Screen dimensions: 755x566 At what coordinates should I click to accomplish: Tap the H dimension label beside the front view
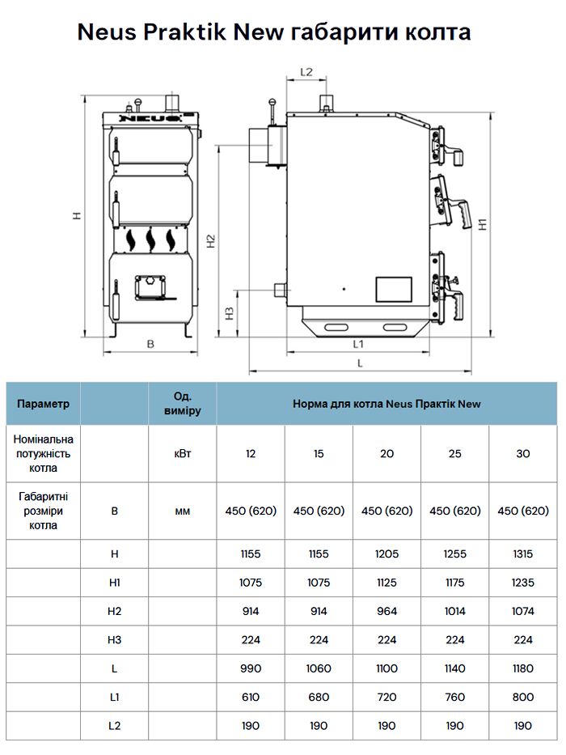[75, 215]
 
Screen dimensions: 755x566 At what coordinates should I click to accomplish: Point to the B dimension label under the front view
[150, 344]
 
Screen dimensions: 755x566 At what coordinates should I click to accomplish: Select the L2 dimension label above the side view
[306, 71]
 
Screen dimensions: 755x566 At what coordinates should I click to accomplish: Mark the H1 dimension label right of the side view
[483, 224]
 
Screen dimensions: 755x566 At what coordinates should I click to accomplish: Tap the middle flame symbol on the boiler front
[150, 239]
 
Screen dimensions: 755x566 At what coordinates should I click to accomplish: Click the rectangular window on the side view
[393, 289]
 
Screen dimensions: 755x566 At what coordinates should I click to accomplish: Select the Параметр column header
[44, 403]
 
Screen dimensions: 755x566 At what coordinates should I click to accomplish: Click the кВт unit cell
[183, 453]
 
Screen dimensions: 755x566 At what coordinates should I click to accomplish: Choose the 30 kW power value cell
[523, 453]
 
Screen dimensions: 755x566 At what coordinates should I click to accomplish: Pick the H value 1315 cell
[523, 554]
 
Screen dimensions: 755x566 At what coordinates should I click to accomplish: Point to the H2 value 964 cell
[386, 611]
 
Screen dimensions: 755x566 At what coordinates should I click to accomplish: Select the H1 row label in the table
[114, 583]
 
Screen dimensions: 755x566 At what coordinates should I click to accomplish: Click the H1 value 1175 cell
[455, 583]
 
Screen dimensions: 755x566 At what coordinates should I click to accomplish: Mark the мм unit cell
[183, 511]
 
